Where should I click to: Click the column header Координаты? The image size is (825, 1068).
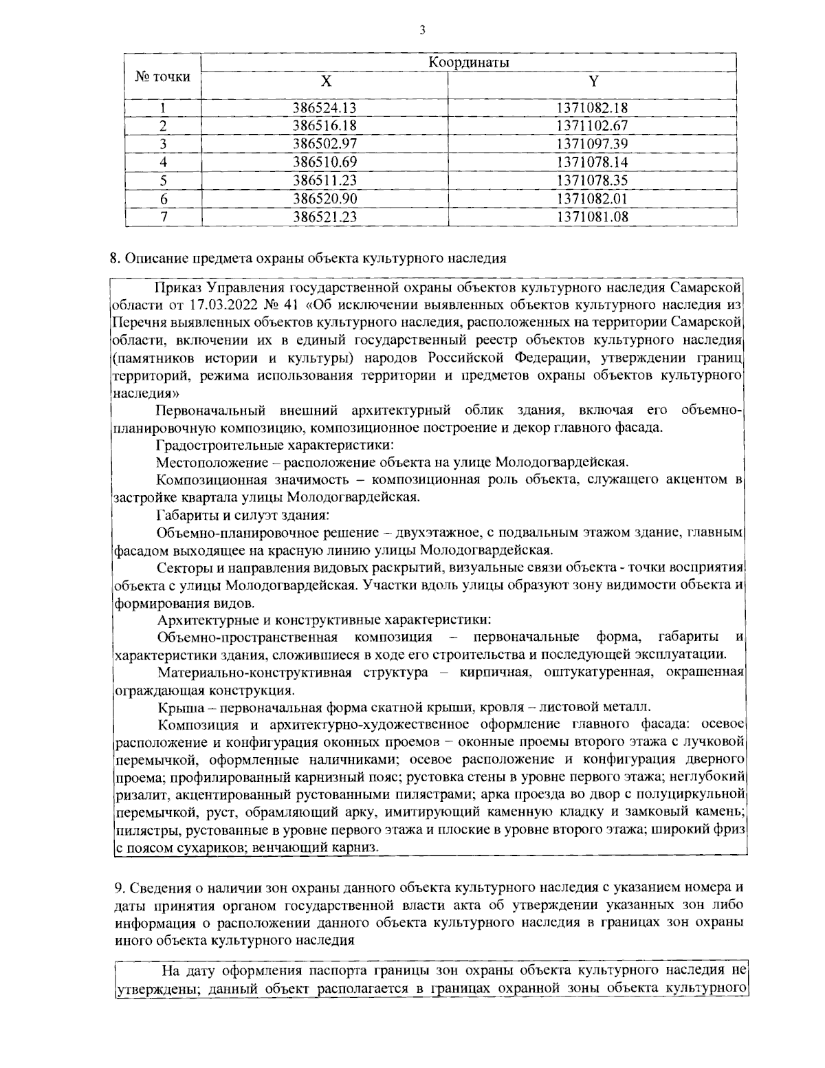pos(469,63)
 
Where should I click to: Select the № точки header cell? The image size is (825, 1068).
pos(162,77)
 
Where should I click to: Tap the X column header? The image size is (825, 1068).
pos(325,82)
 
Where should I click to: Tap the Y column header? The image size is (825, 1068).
pos(593,82)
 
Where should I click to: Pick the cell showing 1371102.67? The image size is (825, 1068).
pos(592,126)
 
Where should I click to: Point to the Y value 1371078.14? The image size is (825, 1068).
pos(592,162)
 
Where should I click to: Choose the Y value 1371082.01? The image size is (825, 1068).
pos(592,199)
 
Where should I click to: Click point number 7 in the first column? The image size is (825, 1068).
pos(164,217)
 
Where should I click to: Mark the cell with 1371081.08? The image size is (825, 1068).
pos(592,217)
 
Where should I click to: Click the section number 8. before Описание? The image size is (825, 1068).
pos(115,259)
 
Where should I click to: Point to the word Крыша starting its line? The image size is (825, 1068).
pos(176,707)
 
